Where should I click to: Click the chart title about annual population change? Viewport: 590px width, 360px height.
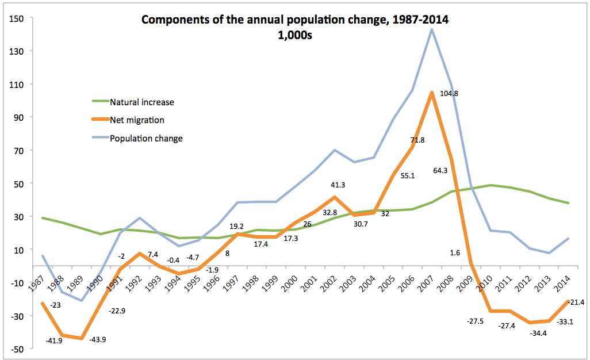(294, 20)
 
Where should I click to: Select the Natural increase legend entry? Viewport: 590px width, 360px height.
(141, 102)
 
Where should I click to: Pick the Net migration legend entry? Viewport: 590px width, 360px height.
(137, 120)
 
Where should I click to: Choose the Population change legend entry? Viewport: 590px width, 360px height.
(146, 139)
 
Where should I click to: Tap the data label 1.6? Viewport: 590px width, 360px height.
(455, 252)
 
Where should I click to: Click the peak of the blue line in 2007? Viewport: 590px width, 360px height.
(431, 29)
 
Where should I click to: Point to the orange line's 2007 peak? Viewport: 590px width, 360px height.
(431, 93)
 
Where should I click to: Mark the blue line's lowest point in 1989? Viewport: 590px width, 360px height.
(82, 300)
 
